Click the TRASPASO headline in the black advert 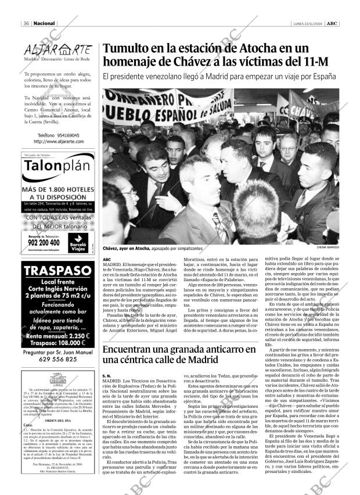[57, 272]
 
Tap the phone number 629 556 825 [57, 359]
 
